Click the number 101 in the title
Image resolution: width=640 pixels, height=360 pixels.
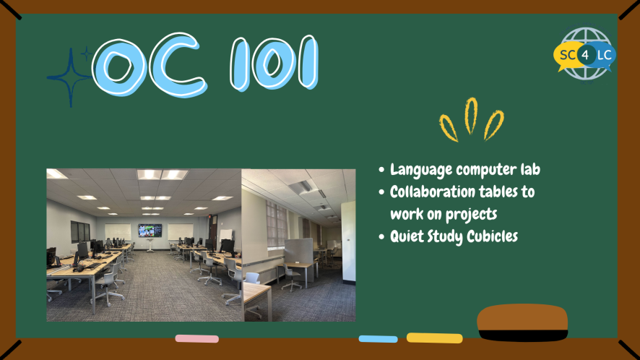point(274,64)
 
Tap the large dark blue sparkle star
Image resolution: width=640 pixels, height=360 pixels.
point(71,77)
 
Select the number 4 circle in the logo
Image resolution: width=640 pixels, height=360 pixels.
point(586,55)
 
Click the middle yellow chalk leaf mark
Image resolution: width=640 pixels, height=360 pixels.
point(471,116)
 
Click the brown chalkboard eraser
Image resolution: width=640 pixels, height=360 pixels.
point(522,322)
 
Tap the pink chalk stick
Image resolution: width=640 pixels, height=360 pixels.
point(196,338)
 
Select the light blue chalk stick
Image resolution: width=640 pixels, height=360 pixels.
point(378,339)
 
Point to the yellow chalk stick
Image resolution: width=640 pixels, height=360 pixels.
point(434,338)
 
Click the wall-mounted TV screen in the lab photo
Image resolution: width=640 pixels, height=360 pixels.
point(150,231)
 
